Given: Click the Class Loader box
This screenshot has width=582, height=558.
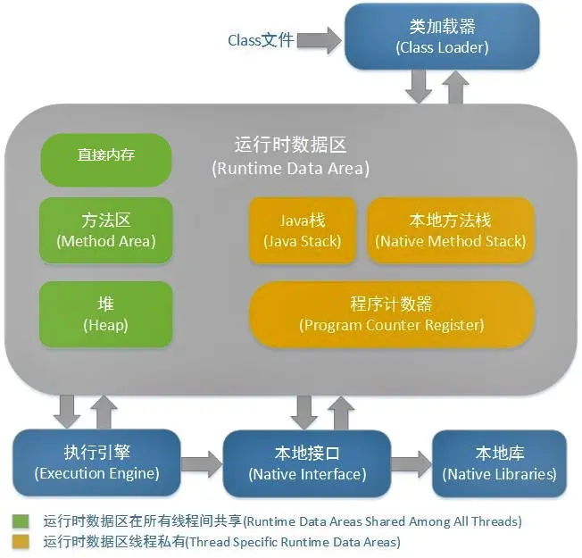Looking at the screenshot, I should point(442,37).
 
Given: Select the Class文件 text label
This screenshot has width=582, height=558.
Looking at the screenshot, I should point(261,40).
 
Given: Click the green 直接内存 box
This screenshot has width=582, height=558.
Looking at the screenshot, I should point(106,154).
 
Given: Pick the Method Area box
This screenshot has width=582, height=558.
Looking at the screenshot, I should point(106,229).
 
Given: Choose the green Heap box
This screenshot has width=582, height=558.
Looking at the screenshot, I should point(106,313).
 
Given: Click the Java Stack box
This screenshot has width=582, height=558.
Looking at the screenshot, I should point(302,229).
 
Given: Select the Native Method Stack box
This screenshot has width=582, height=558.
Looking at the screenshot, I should point(451,229).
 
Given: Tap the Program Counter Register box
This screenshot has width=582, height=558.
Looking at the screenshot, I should point(392,313).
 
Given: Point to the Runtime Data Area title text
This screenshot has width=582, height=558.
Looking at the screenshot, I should point(290,155).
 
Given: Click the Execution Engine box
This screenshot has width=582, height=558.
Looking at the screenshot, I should point(97,463).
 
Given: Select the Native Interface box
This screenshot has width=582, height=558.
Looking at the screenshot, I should point(306,463).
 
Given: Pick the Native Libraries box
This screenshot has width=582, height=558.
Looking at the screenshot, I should point(499,463).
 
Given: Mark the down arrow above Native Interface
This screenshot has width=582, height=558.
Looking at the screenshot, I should point(303,411).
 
